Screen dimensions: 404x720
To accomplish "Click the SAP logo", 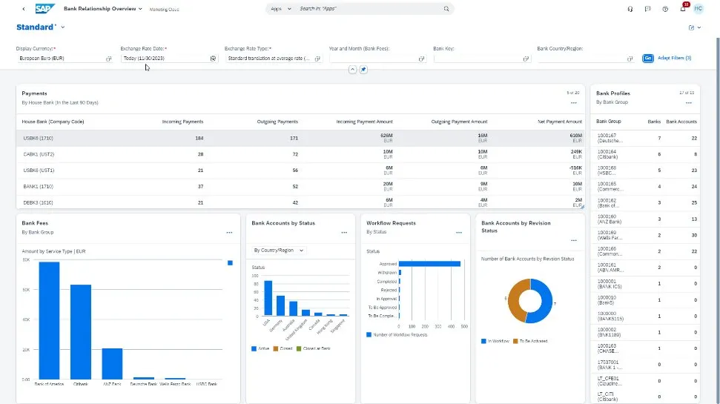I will pos(44,9).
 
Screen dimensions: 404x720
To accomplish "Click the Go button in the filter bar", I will pos(648,58).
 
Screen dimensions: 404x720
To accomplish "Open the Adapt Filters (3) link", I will pos(675,58).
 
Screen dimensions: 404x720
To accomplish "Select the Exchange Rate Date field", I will pos(165,58).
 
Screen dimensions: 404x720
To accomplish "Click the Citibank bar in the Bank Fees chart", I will pos(81,331).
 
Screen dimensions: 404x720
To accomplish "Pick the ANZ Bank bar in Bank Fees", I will pos(112,363).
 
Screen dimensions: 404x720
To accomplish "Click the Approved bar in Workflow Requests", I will pos(431,263).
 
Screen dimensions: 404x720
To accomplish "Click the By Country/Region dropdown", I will pos(280,251).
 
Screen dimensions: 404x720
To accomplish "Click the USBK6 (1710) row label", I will pos(38,138).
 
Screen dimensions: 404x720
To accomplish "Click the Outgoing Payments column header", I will pos(281,122).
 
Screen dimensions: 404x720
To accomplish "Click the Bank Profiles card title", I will pos(613,93).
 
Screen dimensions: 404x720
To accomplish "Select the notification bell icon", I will pos(683,9).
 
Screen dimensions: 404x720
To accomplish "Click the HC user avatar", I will pos(698,9).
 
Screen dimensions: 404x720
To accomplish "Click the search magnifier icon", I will pos(446,9).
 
